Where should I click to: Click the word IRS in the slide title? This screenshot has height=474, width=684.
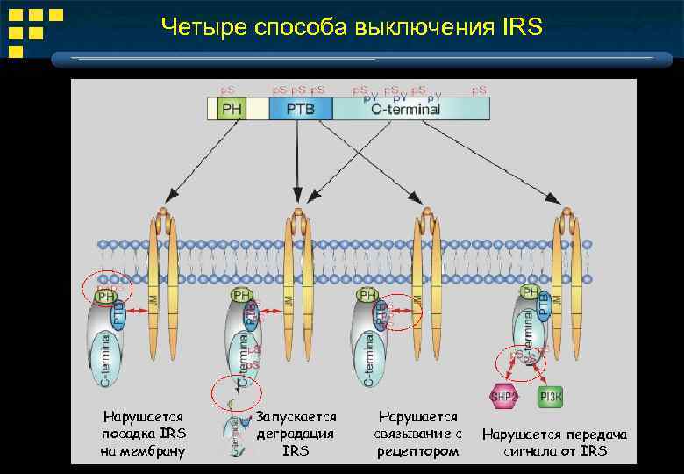click(524, 28)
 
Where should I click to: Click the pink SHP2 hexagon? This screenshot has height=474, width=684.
click(504, 395)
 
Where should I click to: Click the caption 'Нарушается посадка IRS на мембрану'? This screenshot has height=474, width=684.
click(143, 434)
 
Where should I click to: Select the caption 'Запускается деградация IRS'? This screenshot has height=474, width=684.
click(296, 434)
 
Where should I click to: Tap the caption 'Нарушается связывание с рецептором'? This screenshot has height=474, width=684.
click(418, 434)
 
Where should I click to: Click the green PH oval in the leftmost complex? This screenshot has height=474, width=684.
click(105, 297)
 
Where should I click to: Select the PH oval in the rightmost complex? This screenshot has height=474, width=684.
click(530, 291)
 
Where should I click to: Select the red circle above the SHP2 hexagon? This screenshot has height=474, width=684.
click(522, 362)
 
